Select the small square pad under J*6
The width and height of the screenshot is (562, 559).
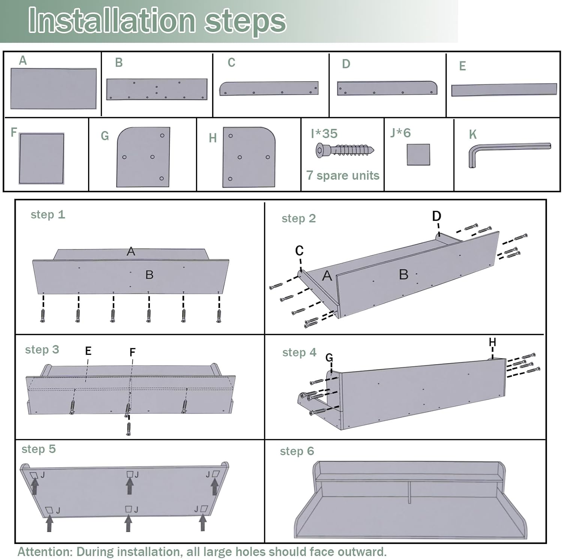coord(419,154)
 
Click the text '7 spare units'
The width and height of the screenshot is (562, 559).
coord(343,175)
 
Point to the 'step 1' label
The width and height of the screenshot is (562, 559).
coord(48,215)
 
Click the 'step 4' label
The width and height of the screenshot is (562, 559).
coord(299,353)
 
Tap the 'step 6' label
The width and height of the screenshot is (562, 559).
coord(297,451)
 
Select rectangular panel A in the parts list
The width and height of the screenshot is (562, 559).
coord(54,88)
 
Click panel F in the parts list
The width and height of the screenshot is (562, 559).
coord(42,158)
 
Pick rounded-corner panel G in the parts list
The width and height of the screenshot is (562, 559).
coord(143,157)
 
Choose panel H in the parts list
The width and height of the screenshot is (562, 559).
coord(249,157)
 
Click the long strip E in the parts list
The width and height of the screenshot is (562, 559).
coord(504,90)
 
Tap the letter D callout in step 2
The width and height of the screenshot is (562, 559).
coord(437,216)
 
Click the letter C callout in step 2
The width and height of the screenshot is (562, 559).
coord(299,251)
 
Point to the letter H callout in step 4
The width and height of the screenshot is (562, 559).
coord(493,342)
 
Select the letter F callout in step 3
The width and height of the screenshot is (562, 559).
coord(132,352)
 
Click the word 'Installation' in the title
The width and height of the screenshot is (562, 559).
coord(112,20)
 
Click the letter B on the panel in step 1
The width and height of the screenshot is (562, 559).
coord(149,275)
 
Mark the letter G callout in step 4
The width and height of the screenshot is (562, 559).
coord(329,358)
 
